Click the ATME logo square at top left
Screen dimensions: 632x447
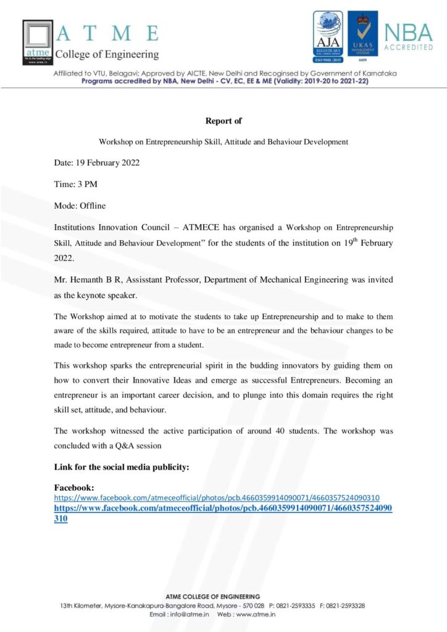click(x=38, y=42)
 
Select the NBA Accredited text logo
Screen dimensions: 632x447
click(x=408, y=37)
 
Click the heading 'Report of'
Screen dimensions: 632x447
click(x=223, y=121)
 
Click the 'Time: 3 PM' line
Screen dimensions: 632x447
click(x=76, y=184)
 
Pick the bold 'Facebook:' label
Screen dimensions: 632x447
click(x=74, y=488)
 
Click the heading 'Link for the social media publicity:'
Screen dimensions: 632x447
click(x=122, y=467)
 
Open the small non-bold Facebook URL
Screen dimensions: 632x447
click(x=217, y=497)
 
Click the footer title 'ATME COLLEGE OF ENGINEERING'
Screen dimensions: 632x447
click(x=213, y=596)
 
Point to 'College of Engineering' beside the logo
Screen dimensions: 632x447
click(x=107, y=55)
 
